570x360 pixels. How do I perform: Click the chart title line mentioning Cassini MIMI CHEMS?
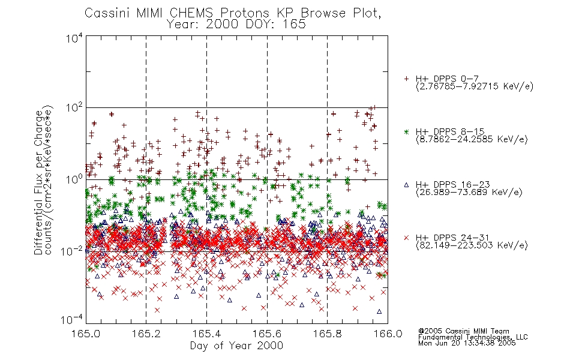[x=233, y=13]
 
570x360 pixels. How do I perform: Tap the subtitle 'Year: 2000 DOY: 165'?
[x=236, y=25]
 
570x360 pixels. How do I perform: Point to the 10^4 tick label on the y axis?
[x=74, y=38]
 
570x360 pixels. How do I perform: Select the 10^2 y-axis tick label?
[x=74, y=108]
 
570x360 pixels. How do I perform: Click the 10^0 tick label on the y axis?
[x=74, y=179]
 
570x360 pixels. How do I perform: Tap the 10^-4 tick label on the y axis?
[x=72, y=320]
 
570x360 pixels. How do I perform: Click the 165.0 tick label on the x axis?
[x=86, y=334]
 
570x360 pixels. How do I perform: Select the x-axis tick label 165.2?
[x=146, y=334]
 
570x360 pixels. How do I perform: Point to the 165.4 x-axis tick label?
[x=206, y=334]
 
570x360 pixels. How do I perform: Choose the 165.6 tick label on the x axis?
[x=267, y=334]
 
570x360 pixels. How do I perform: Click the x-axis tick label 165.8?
[x=327, y=334]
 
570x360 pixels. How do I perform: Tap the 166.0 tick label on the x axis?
[x=388, y=334]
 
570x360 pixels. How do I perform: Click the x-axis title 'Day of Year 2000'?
[x=236, y=346]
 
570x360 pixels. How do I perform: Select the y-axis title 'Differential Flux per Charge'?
[x=38, y=182]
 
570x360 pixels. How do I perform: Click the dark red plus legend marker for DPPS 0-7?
[x=406, y=79]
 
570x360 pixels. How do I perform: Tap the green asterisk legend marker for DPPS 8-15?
[x=406, y=131]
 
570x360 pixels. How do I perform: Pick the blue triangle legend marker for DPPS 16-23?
[x=406, y=185]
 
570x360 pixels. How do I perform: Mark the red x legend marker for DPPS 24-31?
[x=406, y=238]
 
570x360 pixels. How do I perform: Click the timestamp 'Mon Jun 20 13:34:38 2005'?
[x=467, y=343]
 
